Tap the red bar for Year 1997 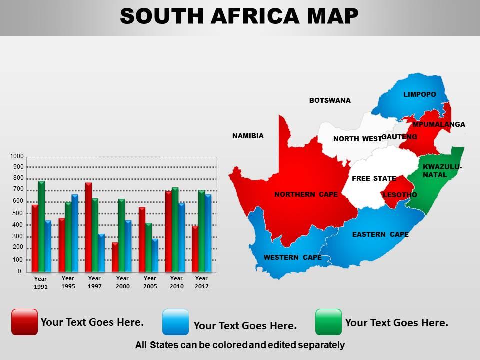(88, 227)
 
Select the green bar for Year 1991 (41, 227)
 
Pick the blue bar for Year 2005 (155, 256)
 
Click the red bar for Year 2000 (115, 258)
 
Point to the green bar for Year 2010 (175, 230)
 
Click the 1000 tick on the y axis (17, 156)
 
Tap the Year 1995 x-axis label (68, 282)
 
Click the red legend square (24, 322)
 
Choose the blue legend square (176, 322)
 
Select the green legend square (329, 322)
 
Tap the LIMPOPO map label (420, 94)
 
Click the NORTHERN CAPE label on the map (306, 194)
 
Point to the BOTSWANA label (330, 100)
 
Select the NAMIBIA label (248, 136)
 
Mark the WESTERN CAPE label (292, 258)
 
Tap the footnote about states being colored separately (240, 345)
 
